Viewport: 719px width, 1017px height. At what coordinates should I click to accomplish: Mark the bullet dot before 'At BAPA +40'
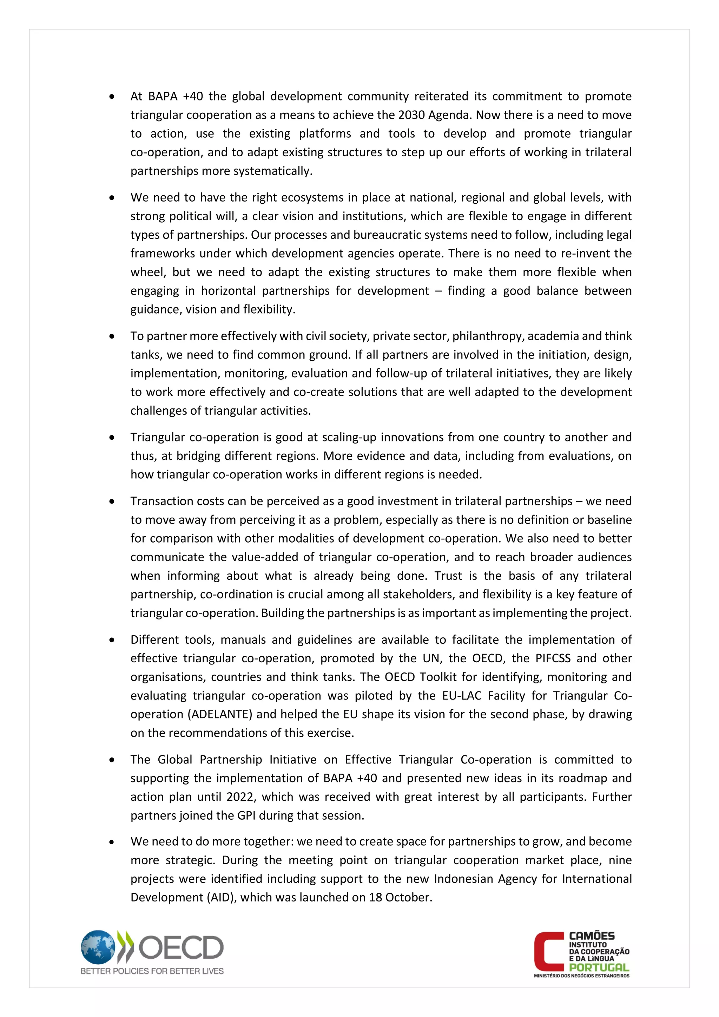pos(112,97)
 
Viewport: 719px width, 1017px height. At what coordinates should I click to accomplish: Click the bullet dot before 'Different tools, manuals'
pos(112,640)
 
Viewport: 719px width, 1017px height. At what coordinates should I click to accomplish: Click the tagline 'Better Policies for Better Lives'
pos(152,971)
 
